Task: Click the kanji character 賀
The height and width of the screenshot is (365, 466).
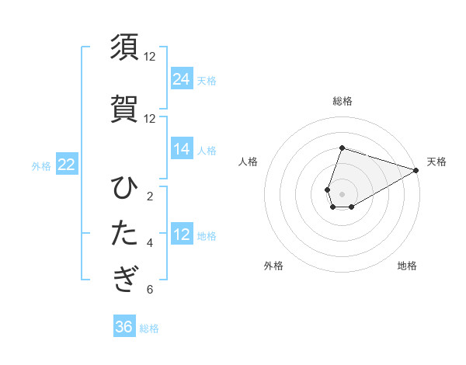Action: click(x=125, y=109)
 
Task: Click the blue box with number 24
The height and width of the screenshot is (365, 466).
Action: click(x=182, y=78)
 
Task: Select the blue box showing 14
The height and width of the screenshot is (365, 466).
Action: click(x=182, y=149)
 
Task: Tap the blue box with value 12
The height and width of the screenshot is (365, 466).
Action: click(x=182, y=235)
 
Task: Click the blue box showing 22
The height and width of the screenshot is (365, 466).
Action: click(x=66, y=165)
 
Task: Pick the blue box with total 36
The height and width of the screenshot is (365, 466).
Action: click(x=124, y=327)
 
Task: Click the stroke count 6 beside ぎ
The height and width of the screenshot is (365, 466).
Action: click(x=150, y=290)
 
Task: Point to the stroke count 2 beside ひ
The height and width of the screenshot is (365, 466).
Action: click(x=150, y=196)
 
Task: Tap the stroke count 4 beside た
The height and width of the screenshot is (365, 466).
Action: click(x=150, y=243)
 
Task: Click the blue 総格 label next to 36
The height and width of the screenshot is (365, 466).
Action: click(x=149, y=328)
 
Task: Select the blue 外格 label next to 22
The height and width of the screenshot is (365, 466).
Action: click(x=41, y=165)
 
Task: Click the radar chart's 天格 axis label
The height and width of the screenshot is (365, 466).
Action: click(x=436, y=162)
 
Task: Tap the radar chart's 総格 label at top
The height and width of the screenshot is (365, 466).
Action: click(x=343, y=101)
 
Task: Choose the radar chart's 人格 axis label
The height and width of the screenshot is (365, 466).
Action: click(x=249, y=162)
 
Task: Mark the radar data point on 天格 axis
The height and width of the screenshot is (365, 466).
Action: click(x=416, y=170)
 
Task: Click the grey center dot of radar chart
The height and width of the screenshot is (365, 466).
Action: click(x=343, y=193)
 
